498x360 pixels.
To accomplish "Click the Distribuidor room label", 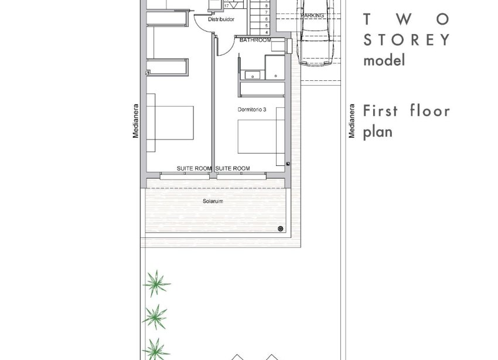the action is click(x=221, y=19).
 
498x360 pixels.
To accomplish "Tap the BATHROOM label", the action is click(x=255, y=40).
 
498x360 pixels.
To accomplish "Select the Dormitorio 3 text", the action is click(x=252, y=110).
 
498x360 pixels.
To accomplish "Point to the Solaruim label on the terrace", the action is click(x=213, y=201).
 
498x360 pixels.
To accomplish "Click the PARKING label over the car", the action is click(x=312, y=15).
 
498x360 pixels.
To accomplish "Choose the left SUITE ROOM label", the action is click(x=194, y=168).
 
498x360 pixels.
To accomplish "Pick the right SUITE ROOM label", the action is click(x=233, y=168).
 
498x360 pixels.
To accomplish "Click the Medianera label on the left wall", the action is click(x=135, y=121).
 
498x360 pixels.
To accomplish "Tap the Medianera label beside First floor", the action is click(x=352, y=121).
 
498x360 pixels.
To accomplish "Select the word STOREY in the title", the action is click(x=407, y=40).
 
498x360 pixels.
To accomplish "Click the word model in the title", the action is click(x=384, y=60).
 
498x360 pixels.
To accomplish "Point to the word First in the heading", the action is click(x=380, y=111).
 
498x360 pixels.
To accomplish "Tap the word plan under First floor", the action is click(x=378, y=132).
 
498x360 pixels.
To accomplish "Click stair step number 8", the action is click(x=266, y=6).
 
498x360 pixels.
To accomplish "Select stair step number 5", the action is click(x=266, y=25).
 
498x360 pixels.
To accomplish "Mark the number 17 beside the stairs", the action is click(x=227, y=6).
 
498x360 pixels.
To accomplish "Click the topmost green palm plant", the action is click(x=156, y=283).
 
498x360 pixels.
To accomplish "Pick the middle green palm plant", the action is click(x=155, y=317).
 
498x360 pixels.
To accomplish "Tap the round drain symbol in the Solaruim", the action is click(x=281, y=229).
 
